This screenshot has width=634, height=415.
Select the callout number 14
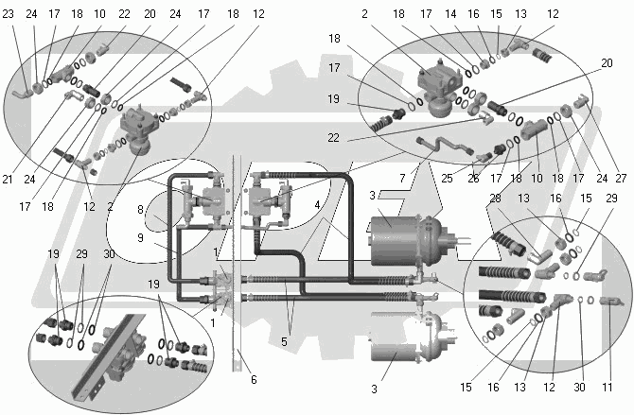(450, 14)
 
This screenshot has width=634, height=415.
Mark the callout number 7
(401, 178)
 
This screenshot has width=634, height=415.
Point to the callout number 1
(212, 322)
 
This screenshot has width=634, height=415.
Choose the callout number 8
(139, 210)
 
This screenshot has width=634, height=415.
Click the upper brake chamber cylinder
(397, 241)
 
